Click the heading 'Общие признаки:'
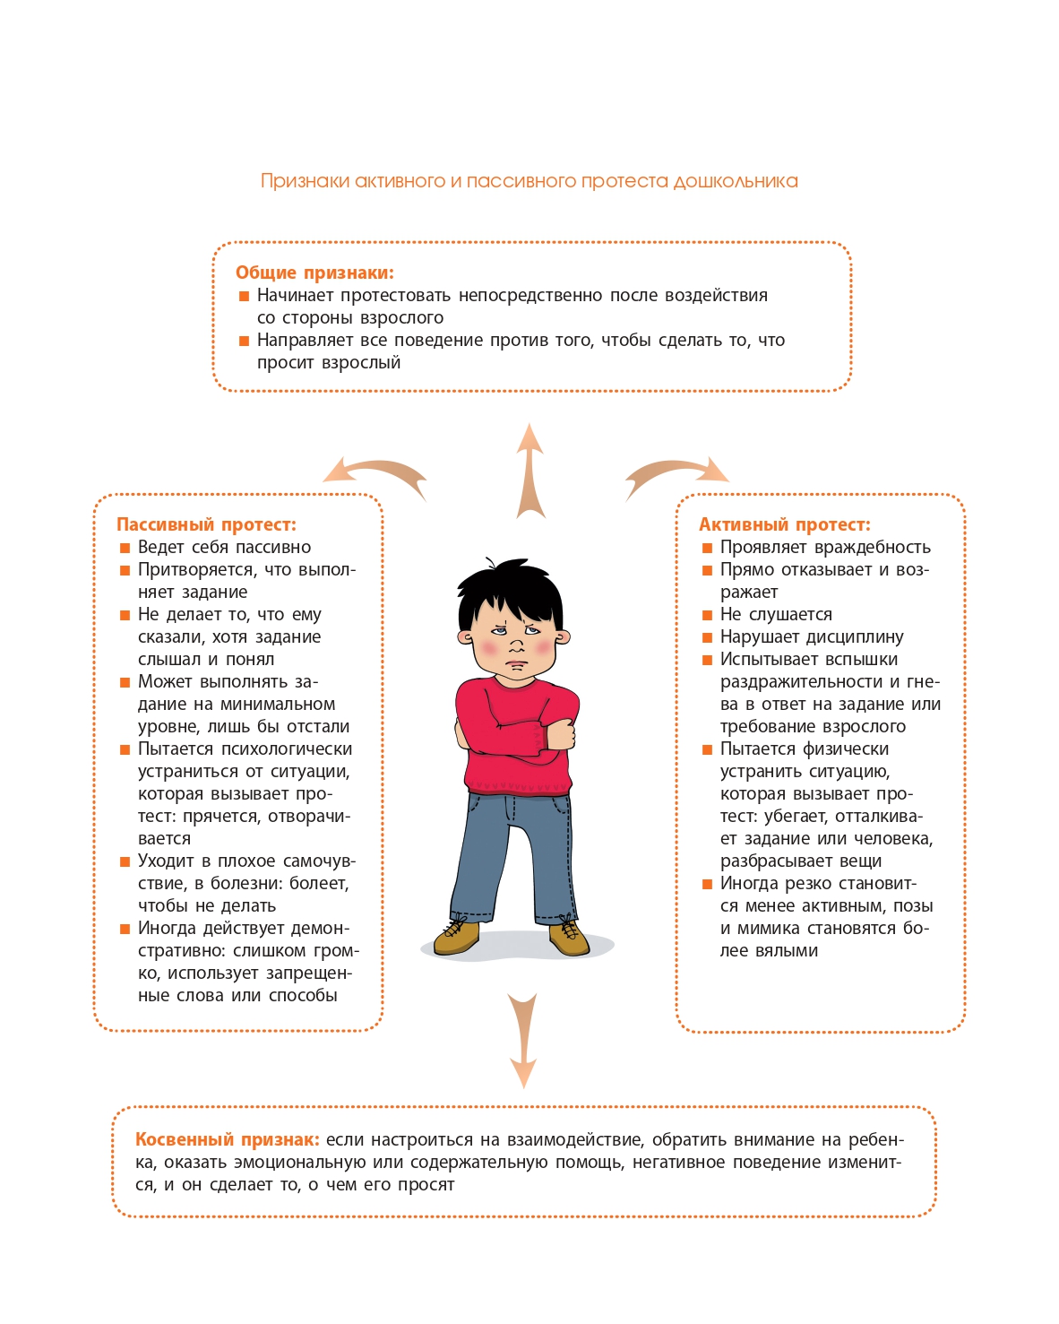tap(314, 273)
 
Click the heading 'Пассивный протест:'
tap(206, 524)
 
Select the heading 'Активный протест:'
tap(784, 524)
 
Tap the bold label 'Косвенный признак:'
tap(227, 1139)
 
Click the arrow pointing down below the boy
tap(523, 1040)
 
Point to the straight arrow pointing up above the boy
tap(530, 471)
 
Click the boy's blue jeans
tap(511, 852)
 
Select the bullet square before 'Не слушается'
tap(707, 615)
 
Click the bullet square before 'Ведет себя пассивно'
tap(125, 548)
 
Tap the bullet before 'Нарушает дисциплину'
tap(707, 637)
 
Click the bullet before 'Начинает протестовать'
tap(244, 296)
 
